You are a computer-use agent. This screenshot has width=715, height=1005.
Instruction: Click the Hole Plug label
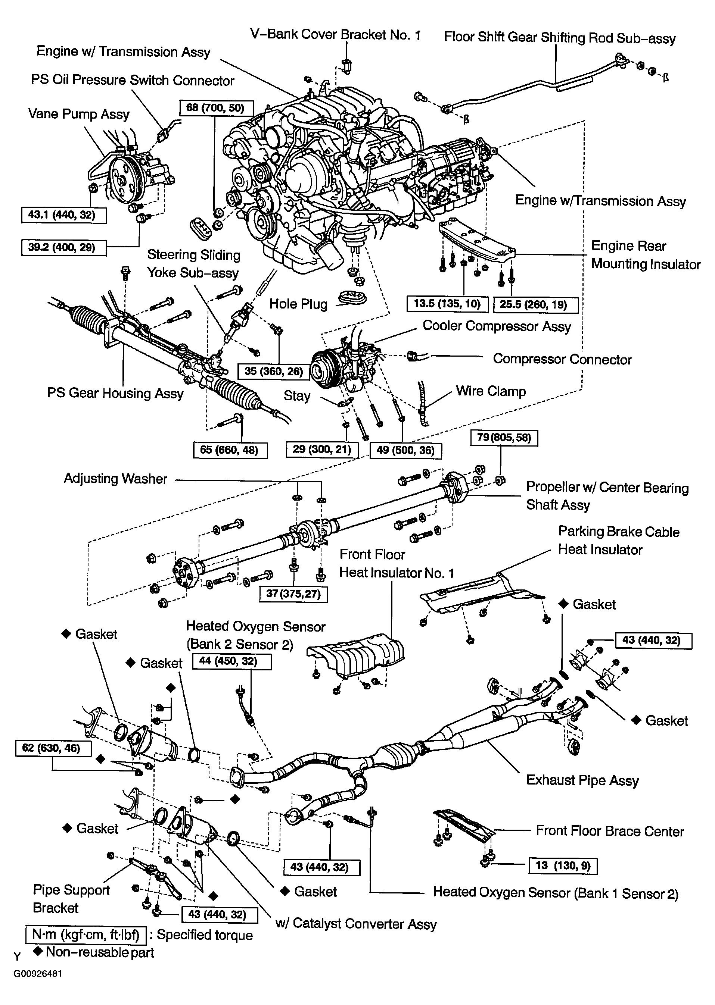pyautogui.click(x=298, y=304)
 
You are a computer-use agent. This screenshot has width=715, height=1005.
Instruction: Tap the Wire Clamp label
pyautogui.click(x=491, y=391)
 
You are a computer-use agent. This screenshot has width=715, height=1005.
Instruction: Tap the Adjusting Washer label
pyautogui.click(x=115, y=479)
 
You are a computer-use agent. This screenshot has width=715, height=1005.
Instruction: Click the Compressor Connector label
pyautogui.click(x=562, y=359)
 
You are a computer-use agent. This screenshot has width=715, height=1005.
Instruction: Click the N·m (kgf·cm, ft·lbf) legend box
pyautogui.click(x=86, y=934)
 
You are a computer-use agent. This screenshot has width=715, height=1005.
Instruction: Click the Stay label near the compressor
pyautogui.click(x=297, y=396)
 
